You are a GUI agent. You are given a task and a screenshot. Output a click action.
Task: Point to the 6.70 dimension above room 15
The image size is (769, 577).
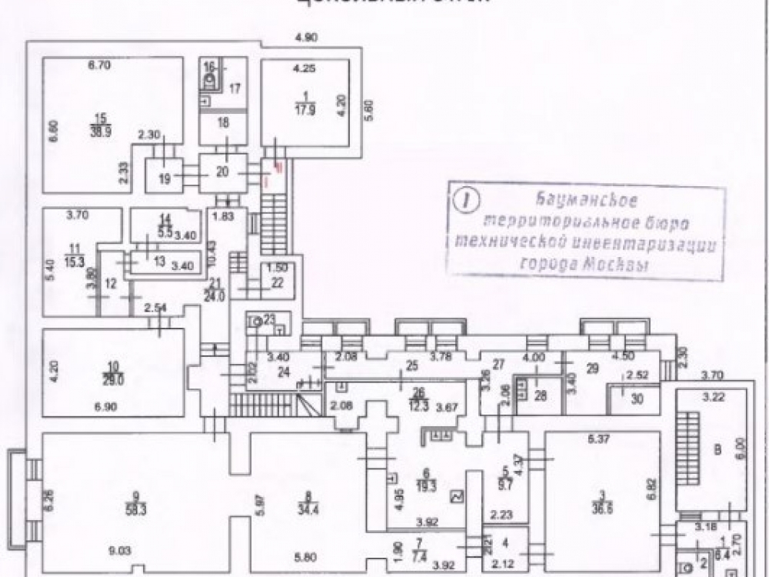[100, 65]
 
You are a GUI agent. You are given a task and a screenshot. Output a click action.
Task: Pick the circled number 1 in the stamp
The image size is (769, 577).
[464, 199]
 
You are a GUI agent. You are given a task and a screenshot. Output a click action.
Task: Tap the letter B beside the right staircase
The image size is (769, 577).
[717, 450]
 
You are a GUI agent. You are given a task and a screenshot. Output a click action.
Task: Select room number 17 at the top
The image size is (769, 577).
[235, 88]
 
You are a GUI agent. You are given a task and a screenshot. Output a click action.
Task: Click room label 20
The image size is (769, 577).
[222, 172]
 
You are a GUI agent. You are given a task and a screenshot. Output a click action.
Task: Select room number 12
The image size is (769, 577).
[110, 283]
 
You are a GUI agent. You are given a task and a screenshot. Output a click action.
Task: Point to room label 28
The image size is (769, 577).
[540, 395]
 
